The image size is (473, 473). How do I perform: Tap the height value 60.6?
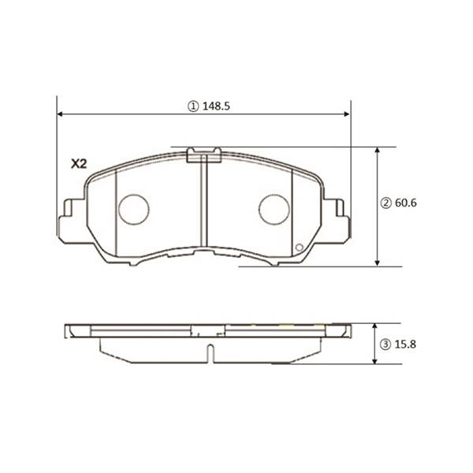[405, 203]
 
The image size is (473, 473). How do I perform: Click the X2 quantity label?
[78, 164]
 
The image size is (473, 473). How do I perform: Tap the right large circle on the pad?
[275, 209]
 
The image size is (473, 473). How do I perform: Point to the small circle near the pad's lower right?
[299, 250]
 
